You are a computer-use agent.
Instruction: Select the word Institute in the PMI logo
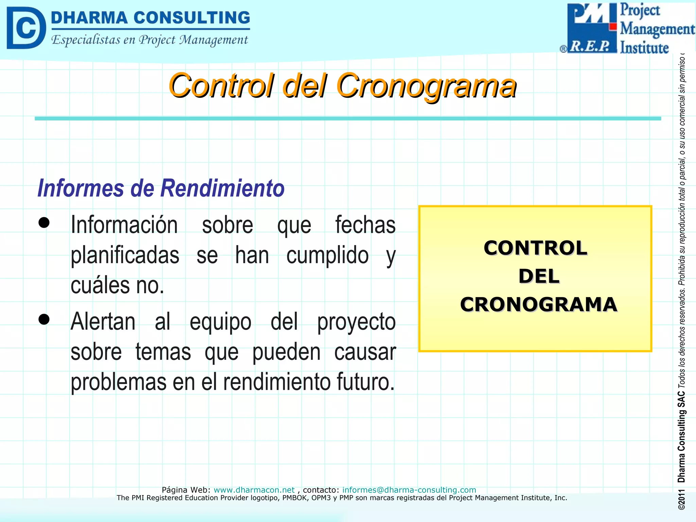click(644, 48)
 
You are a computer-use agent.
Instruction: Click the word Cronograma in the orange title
click(426, 86)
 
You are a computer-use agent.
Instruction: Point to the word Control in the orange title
click(221, 86)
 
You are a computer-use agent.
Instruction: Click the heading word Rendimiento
click(223, 188)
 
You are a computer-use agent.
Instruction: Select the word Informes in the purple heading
click(81, 188)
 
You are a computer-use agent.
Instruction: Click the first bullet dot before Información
click(44, 223)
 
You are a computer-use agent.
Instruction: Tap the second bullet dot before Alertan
click(44, 319)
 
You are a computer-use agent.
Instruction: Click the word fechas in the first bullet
click(365, 225)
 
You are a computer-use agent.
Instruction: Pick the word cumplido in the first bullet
click(327, 256)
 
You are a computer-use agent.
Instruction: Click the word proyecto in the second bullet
click(356, 322)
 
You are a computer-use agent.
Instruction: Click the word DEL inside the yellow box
click(539, 276)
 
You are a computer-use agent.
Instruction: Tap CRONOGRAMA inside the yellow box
click(539, 304)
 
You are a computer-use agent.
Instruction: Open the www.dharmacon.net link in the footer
click(254, 490)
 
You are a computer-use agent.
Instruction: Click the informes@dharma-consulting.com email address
click(409, 490)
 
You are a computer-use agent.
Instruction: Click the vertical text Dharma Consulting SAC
click(681, 437)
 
